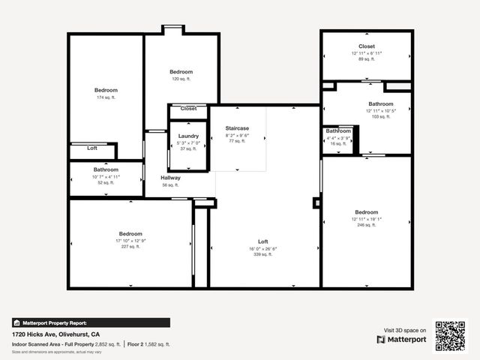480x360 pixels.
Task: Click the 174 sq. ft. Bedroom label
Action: coord(106,90)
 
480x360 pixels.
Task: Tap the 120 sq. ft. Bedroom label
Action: coord(181,71)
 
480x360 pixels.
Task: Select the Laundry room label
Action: coord(188,136)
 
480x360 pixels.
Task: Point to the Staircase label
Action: coord(237,128)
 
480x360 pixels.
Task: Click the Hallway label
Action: coord(170,178)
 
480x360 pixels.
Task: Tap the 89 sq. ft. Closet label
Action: coord(367,46)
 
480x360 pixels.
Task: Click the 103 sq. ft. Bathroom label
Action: coord(380,104)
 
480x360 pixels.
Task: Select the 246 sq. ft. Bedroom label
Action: coord(367,212)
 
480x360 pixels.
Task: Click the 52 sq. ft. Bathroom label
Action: coord(106,169)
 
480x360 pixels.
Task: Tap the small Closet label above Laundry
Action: coord(188,109)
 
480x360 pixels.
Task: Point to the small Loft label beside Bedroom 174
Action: coord(92,148)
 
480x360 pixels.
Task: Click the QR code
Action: coord(451,335)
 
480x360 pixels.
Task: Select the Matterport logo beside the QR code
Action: coord(401,339)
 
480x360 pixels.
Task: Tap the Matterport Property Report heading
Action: coord(53,322)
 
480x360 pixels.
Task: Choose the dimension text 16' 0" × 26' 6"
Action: coord(262,249)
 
